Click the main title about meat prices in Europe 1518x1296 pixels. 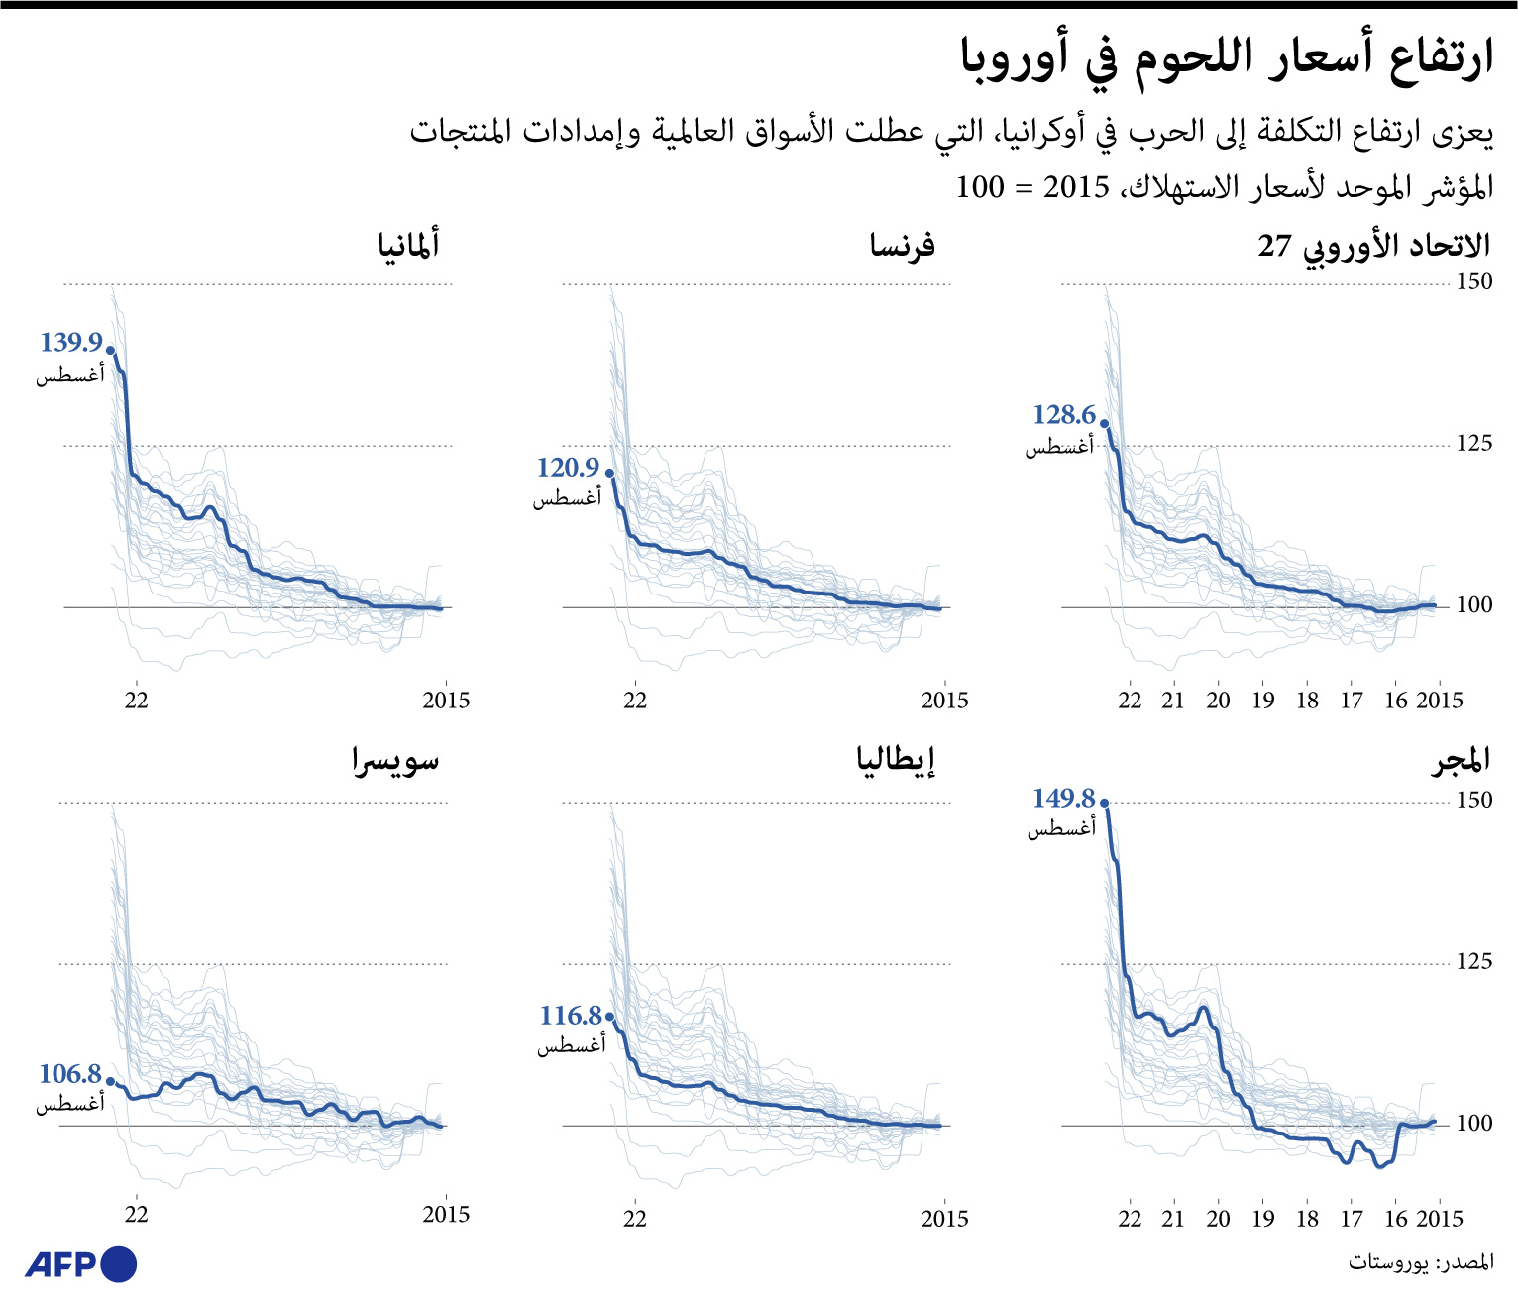[1226, 58]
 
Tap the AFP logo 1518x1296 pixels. [80, 1264]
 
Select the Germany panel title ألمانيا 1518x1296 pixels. [408, 245]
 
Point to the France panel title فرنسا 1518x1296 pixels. [902, 245]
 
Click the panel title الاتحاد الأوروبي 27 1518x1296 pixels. [1373, 246]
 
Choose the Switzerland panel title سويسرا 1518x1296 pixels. [395, 761]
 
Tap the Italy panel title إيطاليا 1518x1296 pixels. [896, 761]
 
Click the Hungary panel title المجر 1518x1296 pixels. [1461, 761]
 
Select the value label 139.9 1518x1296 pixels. [71, 343]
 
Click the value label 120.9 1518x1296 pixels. [568, 468]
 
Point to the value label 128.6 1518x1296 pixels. [1064, 415]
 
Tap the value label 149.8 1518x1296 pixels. [1063, 799]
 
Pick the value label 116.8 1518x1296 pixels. [571, 1016]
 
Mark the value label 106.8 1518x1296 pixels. [70, 1074]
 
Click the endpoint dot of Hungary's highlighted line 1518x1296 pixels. [1105, 804]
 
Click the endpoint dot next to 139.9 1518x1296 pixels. [110, 350]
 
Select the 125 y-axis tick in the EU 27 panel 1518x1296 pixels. [1473, 444]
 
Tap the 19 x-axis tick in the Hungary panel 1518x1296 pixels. [1262, 1219]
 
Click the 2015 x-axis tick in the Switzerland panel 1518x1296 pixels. [446, 1215]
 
